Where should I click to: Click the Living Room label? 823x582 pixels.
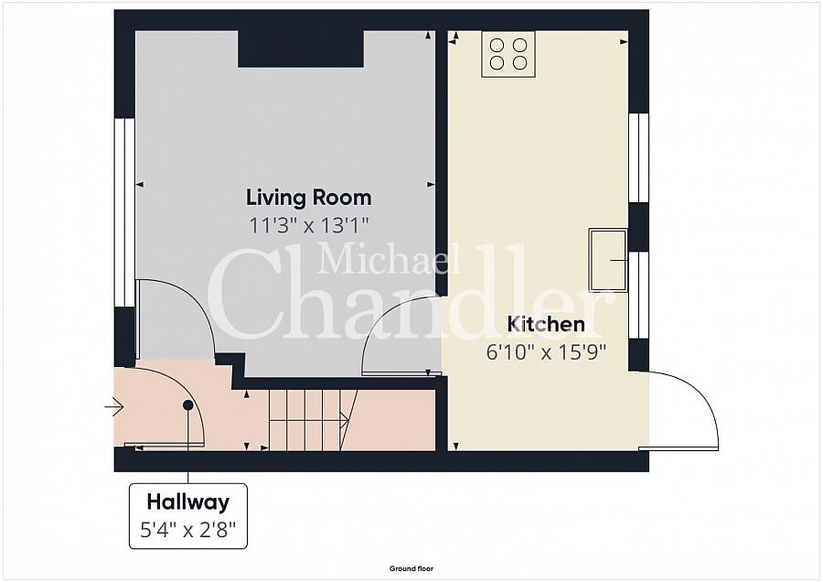pos(309,198)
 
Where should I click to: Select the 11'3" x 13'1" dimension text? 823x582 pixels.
pos(309,225)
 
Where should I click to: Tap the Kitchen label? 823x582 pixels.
pos(546,324)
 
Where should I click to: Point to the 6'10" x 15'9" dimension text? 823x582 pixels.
pos(546,351)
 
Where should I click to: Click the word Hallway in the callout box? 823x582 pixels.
pos(187,502)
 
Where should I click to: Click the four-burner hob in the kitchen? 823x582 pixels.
pos(508,54)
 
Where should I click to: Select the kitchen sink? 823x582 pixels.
pos(608,260)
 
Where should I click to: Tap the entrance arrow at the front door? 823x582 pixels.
pos(114,406)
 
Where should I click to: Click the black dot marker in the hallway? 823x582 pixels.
pos(187,405)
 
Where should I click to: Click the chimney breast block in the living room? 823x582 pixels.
pos(301,48)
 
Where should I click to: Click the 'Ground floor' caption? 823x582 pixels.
pos(411,568)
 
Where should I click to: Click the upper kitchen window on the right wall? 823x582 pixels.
pos(638,157)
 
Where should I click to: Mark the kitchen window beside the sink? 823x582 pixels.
pos(638,296)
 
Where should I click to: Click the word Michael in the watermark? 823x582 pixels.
pos(389,260)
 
